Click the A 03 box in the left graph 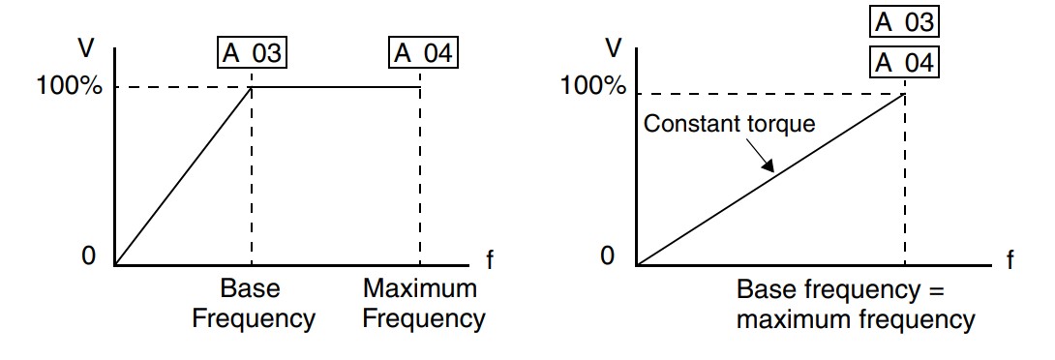pyautogui.click(x=252, y=53)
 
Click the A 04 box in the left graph pyautogui.click(x=423, y=53)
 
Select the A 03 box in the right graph pyautogui.click(x=904, y=22)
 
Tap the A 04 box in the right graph pyautogui.click(x=904, y=62)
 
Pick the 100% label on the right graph pyautogui.click(x=592, y=85)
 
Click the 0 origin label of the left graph pyautogui.click(x=88, y=256)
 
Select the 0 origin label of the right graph pyautogui.click(x=608, y=256)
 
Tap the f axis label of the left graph pyautogui.click(x=489, y=259)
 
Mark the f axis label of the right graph pyautogui.click(x=1010, y=259)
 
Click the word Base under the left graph pyautogui.click(x=250, y=288)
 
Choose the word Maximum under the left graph pyautogui.click(x=420, y=288)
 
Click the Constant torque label pyautogui.click(x=730, y=125)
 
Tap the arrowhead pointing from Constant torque pyautogui.click(x=768, y=165)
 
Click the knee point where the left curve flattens pyautogui.click(x=251, y=87)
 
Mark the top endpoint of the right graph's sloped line pyautogui.click(x=904, y=94)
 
